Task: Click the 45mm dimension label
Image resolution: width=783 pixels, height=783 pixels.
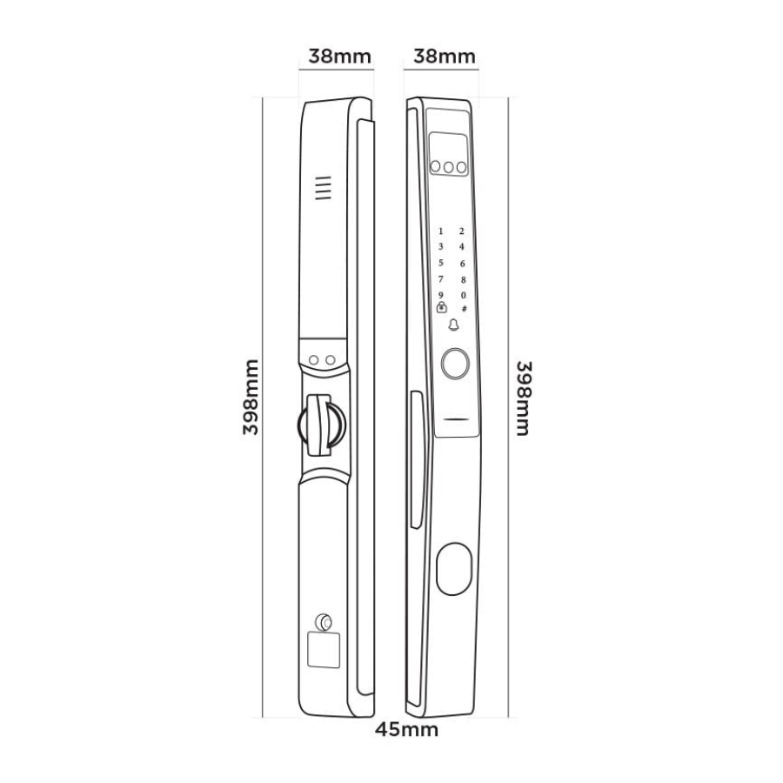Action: point(407,730)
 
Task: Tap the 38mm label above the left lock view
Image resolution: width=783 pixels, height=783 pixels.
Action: point(339,56)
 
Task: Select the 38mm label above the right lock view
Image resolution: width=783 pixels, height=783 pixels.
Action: point(445,56)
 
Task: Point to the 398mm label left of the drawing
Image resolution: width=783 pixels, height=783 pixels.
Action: point(251,397)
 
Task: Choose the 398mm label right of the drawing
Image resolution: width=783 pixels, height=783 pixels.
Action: point(524,398)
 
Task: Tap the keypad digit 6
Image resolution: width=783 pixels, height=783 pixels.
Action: point(463,263)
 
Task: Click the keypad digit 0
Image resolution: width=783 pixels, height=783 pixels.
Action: point(463,296)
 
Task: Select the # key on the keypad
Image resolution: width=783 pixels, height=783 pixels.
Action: point(464,309)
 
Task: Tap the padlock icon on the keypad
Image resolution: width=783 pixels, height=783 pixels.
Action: point(441,308)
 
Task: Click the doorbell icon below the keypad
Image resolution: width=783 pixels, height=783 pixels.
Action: point(453,325)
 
